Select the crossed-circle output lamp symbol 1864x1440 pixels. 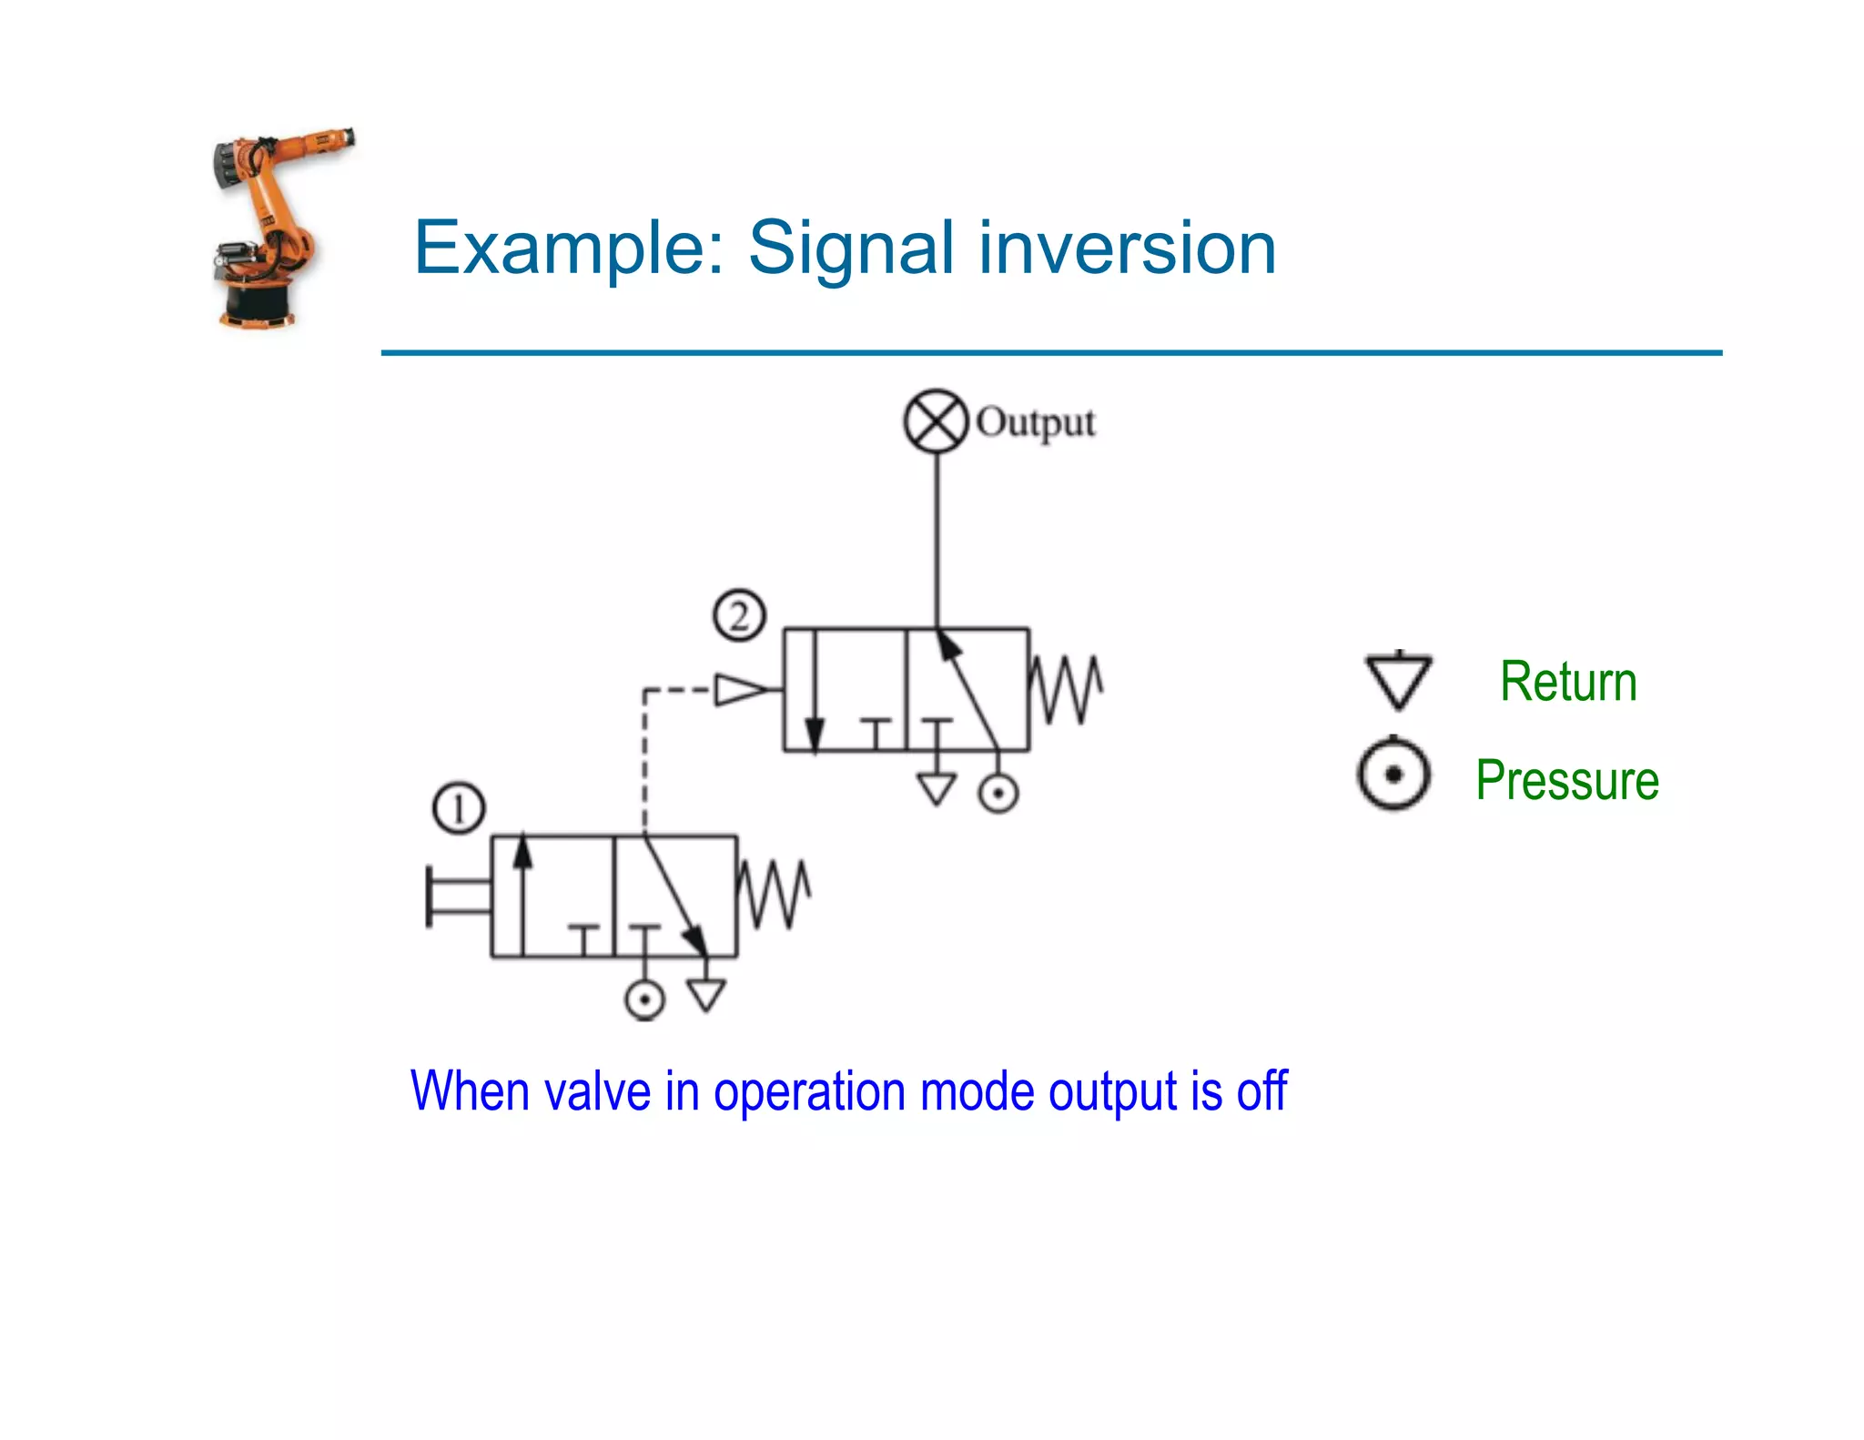936,421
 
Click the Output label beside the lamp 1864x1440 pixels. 1036,423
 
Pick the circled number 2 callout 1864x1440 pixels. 739,616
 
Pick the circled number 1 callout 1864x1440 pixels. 459,808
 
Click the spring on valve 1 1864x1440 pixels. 773,895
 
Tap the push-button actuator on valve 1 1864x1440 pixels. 455,897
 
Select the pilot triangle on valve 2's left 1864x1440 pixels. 739,690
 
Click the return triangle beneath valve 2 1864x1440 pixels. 936,788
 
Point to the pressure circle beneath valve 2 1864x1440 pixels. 998,793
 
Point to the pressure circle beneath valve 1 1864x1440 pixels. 644,1000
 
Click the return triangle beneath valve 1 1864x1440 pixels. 706,995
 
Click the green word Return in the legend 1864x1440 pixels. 1567,682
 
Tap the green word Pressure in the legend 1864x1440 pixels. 1567,780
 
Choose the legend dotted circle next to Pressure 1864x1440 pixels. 1393,776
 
